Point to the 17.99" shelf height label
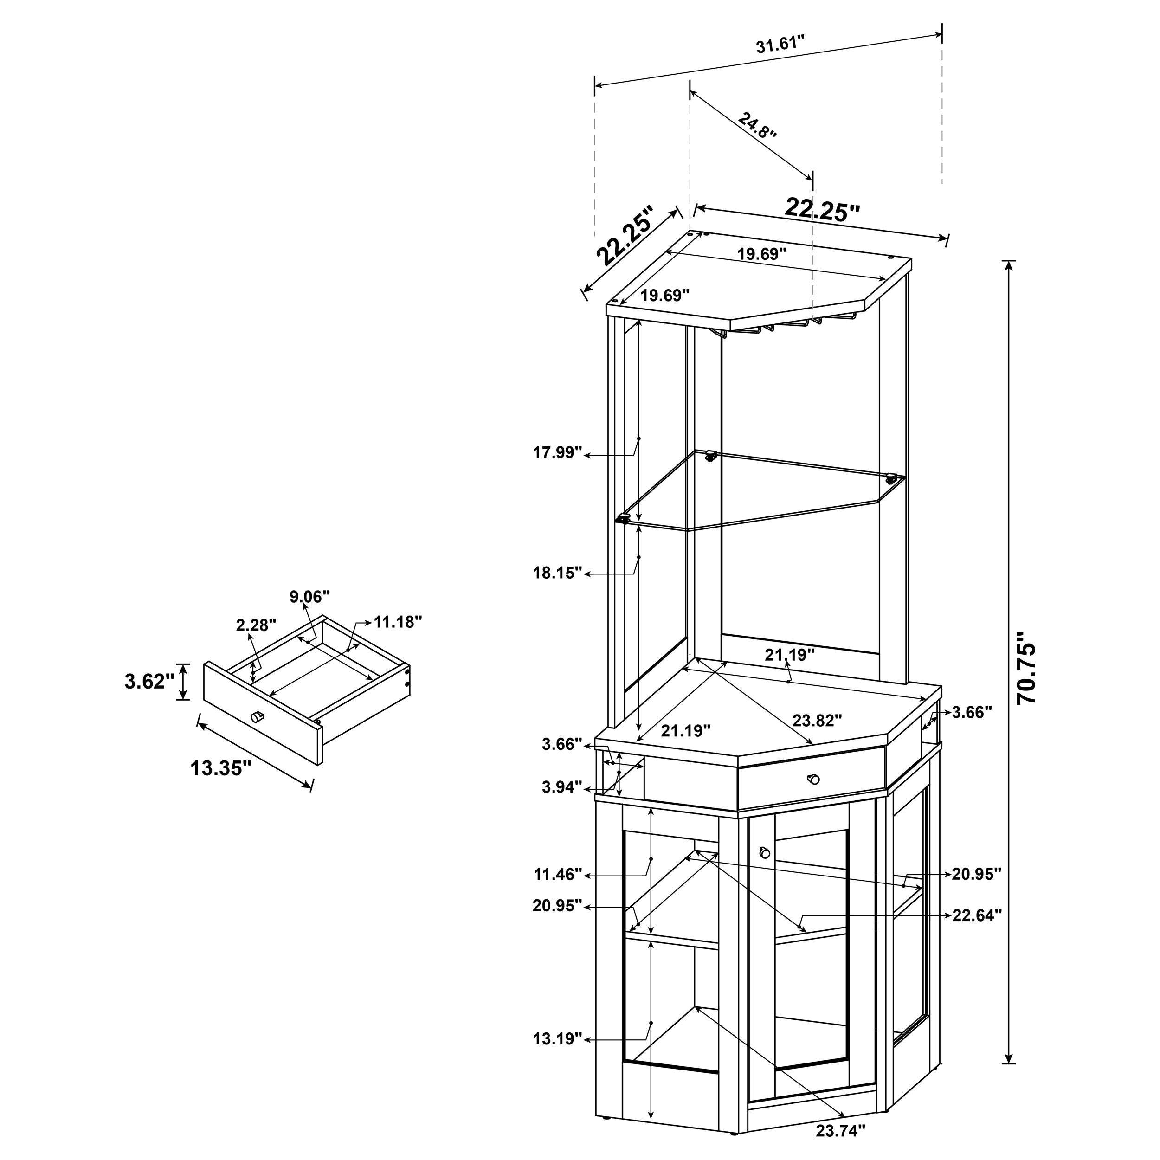pyautogui.click(x=558, y=452)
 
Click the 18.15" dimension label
pyautogui.click(x=558, y=572)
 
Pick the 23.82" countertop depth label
pyautogui.click(x=817, y=720)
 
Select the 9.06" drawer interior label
pyautogui.click(x=310, y=597)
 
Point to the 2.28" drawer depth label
pyautogui.click(x=256, y=625)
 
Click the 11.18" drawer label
pyautogui.click(x=398, y=622)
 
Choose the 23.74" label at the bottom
pyautogui.click(x=841, y=1131)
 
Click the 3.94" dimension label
pyautogui.click(x=562, y=787)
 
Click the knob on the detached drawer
pyautogui.click(x=257, y=716)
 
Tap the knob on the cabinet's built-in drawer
pyautogui.click(x=813, y=779)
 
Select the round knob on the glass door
pyautogui.click(x=764, y=852)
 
